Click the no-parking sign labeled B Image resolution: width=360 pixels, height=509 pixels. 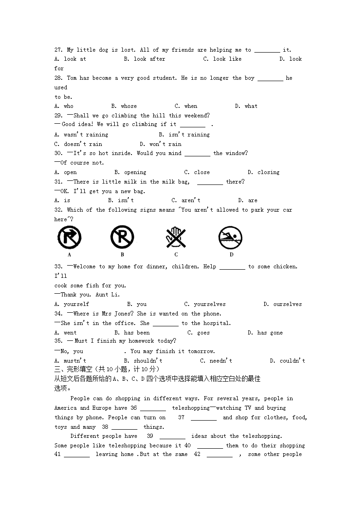122,237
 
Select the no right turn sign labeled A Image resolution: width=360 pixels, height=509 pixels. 69,237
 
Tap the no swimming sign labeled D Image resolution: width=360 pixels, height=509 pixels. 230,237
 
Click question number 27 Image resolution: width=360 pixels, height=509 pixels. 58,50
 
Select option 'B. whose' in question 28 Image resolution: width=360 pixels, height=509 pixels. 124,106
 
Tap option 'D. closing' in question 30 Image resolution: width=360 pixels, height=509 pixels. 263,172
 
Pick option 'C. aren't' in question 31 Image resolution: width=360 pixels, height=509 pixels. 186,200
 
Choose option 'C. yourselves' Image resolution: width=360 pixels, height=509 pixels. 205,304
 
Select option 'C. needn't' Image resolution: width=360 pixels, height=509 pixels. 216,361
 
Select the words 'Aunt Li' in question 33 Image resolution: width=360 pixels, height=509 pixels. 107,295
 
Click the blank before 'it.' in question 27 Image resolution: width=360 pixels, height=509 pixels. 267,51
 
